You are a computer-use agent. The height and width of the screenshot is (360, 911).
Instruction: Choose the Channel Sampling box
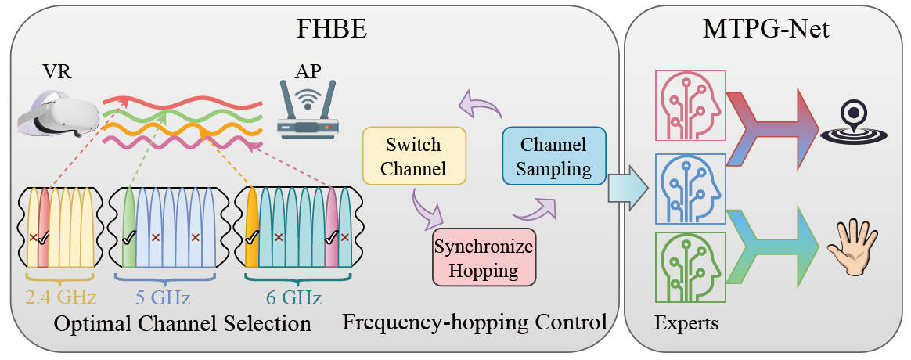click(x=555, y=157)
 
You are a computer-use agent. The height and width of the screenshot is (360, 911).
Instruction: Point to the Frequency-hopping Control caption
click(x=475, y=322)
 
